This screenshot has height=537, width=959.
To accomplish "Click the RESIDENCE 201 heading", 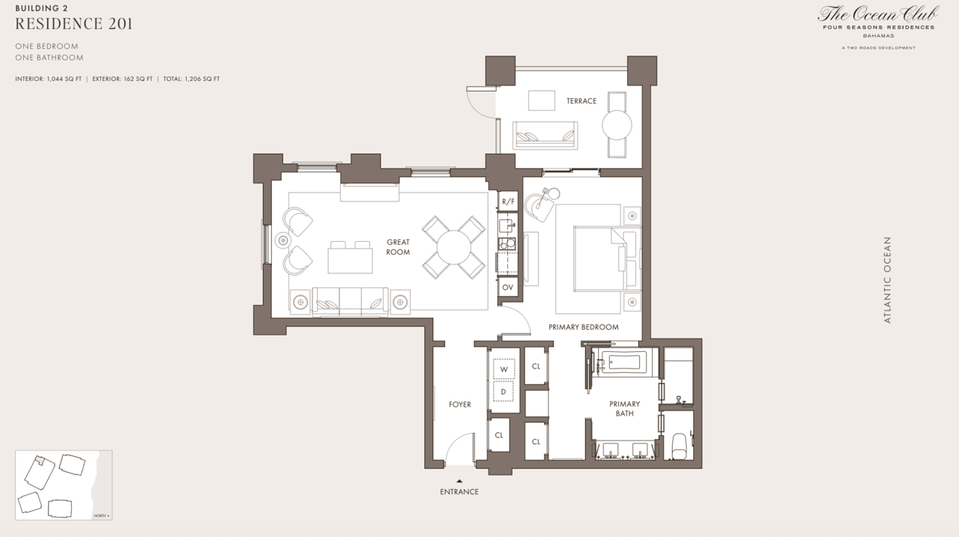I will tap(74, 23).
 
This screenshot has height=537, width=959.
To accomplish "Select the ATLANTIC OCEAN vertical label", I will tap(888, 279).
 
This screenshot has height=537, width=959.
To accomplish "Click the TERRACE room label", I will tap(581, 101).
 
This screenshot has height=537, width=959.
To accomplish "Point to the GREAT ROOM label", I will tap(398, 247).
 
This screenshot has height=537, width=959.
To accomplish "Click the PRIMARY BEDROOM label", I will tap(583, 327).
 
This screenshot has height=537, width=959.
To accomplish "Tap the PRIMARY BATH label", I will tap(624, 408).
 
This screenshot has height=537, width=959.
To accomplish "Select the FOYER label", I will tap(459, 404).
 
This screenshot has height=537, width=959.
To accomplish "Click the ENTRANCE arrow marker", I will tap(459, 482).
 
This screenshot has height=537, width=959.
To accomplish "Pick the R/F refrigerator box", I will tap(509, 201).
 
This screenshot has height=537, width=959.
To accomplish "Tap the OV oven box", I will tap(508, 288).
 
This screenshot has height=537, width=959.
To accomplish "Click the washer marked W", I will tap(503, 369).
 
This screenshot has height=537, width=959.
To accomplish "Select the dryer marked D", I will tap(503, 392).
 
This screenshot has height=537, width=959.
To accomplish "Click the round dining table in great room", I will tap(453, 247).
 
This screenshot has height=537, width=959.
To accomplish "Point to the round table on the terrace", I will tap(617, 125).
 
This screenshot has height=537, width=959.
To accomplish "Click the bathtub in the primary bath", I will tap(623, 362).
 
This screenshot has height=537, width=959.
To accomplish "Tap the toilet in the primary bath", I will tap(680, 447).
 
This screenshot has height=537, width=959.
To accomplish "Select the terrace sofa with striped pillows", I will tap(545, 136).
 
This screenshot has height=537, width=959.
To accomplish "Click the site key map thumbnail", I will tap(64, 485).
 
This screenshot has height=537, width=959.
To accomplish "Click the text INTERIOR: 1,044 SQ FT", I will tap(49, 79).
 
